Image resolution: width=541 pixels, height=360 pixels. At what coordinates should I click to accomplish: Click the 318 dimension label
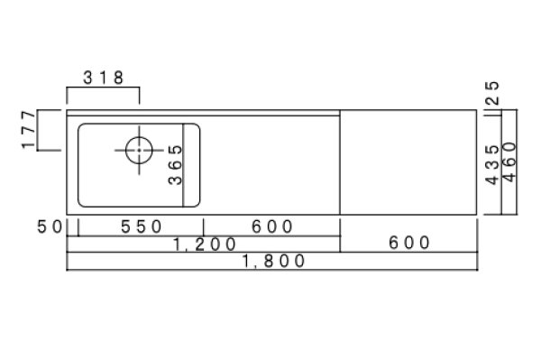click(103, 78)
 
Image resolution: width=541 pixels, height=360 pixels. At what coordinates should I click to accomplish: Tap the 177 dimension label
click(29, 130)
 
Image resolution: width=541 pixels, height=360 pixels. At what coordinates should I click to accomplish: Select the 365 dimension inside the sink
click(175, 165)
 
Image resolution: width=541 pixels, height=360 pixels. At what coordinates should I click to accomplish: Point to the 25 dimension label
click(492, 93)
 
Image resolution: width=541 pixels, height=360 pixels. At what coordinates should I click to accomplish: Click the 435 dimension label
click(492, 165)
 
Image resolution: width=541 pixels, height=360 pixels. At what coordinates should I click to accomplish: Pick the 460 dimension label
click(509, 162)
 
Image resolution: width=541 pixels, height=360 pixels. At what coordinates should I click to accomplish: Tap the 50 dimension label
click(50, 226)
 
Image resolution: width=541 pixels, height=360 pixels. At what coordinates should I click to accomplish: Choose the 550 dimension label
click(142, 226)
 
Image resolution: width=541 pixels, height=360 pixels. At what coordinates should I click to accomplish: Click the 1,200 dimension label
click(205, 245)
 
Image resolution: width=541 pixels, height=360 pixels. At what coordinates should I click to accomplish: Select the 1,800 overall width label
click(273, 261)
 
